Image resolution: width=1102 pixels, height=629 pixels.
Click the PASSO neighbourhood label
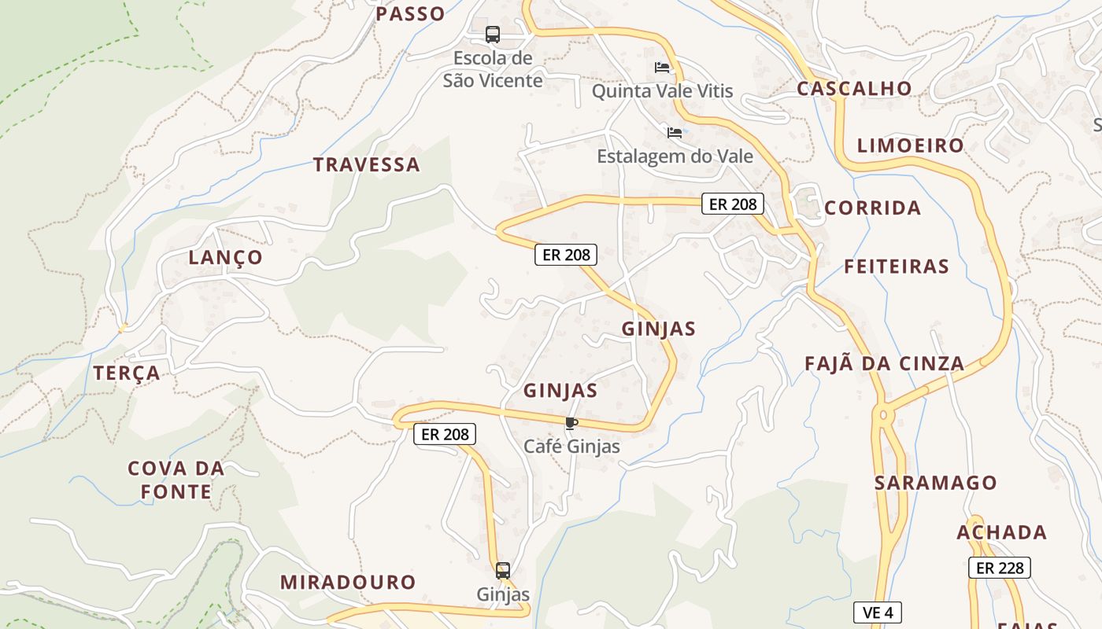pos(410,13)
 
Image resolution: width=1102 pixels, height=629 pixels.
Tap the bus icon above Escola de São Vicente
pos(493,35)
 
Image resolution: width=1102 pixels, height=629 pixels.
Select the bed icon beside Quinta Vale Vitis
pos(662,68)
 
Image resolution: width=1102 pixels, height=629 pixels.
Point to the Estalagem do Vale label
pos(675,156)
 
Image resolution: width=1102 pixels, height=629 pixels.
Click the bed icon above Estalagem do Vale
pos(675,132)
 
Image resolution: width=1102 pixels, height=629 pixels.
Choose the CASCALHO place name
pos(854,89)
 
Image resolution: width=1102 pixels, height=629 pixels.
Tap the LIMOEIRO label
pos(910,145)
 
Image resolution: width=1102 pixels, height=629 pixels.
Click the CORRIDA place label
pos(872,208)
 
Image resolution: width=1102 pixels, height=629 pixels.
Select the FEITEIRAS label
pos(897,267)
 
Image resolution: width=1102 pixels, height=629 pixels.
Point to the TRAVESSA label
pos(367,165)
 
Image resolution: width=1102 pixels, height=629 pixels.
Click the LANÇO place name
pos(225,258)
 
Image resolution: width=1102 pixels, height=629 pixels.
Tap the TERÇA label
pos(127,373)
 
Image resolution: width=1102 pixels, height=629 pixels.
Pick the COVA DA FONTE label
pos(176,480)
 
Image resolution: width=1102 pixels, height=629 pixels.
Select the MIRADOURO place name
pos(348,583)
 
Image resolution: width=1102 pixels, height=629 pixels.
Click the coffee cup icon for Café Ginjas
pos(571,424)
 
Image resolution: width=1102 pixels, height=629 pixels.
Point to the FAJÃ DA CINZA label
pos(884,363)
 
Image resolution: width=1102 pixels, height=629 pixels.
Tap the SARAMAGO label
pos(936,483)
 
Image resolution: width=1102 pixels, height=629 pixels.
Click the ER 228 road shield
pos(999,568)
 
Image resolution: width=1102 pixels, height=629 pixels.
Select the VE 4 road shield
pos(877,612)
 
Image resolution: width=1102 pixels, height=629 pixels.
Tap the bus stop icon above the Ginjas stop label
pos(503,571)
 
